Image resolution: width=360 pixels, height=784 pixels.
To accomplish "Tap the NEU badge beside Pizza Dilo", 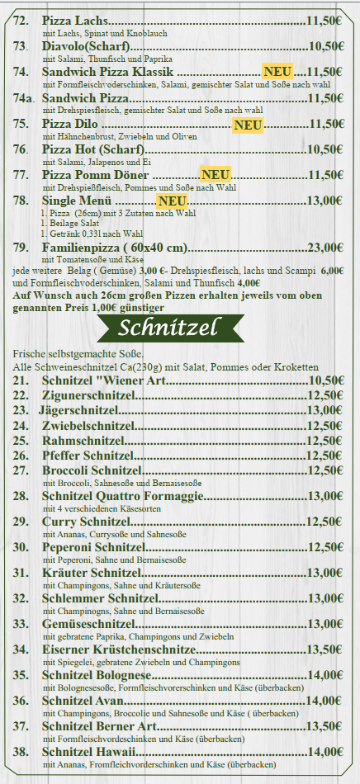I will pos(248,125).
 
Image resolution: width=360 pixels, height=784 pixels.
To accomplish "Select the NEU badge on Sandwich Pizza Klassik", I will pos(277,73).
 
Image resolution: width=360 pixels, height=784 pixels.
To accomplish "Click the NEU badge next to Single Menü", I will pos(173,201).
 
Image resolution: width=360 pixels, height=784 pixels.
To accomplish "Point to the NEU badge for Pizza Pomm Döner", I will pos(216,175).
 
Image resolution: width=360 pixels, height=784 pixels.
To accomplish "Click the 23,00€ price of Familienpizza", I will pos(324,248).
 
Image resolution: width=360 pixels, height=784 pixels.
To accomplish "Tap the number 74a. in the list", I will pos(24,98).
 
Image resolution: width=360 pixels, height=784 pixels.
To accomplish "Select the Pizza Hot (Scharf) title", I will pos(92,149).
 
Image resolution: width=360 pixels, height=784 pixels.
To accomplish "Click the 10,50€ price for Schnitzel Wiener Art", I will pos(325,380).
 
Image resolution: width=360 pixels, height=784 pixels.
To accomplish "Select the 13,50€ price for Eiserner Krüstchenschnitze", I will pos(325,649).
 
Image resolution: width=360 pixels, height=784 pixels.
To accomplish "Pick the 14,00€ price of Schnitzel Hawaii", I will pos(325,752).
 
